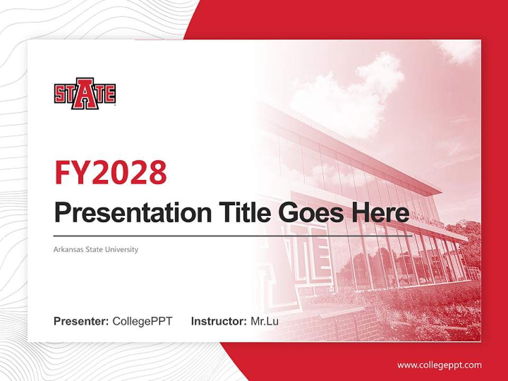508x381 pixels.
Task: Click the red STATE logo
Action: pyautogui.click(x=85, y=94)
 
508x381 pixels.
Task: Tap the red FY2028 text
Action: pyautogui.click(x=111, y=172)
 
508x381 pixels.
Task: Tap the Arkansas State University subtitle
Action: pyautogui.click(x=96, y=249)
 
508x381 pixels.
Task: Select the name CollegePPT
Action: pyautogui.click(x=142, y=321)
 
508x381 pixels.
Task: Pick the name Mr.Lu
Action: pyautogui.click(x=265, y=321)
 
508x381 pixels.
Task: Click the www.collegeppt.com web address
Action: pyautogui.click(x=439, y=365)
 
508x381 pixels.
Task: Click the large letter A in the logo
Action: pyautogui.click(x=85, y=94)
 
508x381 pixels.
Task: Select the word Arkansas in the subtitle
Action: pyautogui.click(x=67, y=249)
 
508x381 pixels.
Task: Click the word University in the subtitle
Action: pyautogui.click(x=122, y=249)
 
